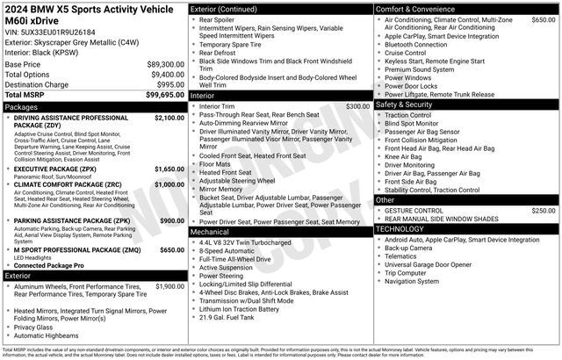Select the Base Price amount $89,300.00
[x=165, y=65]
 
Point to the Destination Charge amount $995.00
[x=170, y=84]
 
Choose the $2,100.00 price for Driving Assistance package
[x=169, y=117]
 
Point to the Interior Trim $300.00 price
[x=357, y=106]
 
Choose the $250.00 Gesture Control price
[x=543, y=211]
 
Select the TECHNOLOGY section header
[x=406, y=228]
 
